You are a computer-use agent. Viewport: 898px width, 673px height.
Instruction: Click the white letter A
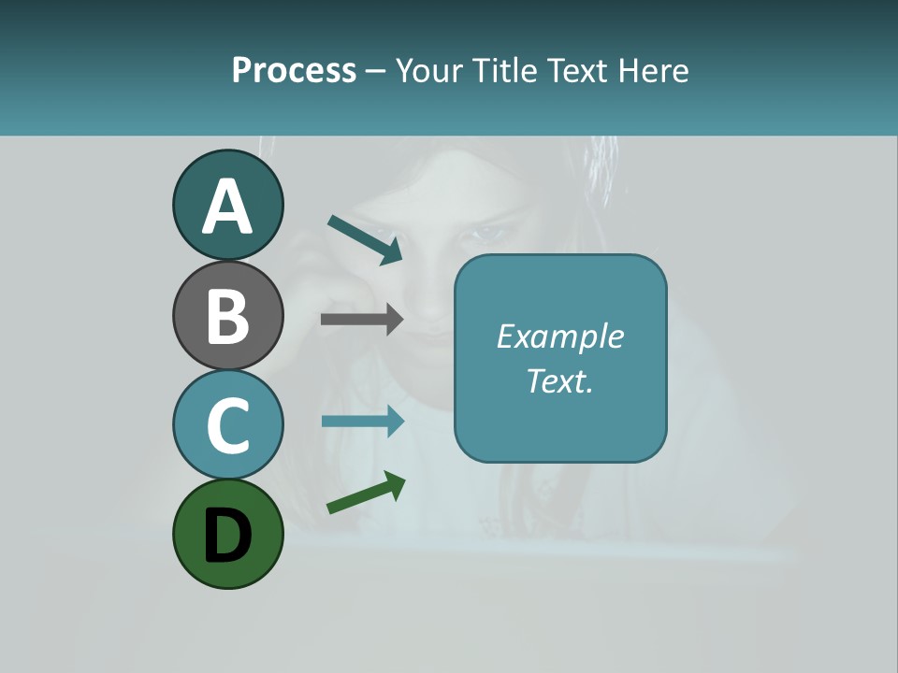[x=228, y=208]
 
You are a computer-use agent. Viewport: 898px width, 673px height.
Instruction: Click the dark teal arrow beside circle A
[x=365, y=239]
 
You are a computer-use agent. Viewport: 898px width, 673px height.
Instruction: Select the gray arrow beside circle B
[x=362, y=319]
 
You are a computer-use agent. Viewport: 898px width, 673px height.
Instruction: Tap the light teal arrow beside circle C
[x=362, y=421]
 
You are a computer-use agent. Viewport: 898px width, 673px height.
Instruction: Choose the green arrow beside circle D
[x=366, y=493]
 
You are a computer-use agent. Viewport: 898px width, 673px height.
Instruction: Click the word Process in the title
[x=294, y=71]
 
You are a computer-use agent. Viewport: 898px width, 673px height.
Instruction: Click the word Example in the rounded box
[x=559, y=336]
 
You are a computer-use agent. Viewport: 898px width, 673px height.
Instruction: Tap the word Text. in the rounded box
[x=559, y=380]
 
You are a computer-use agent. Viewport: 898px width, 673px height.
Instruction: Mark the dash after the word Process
[x=376, y=72]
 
